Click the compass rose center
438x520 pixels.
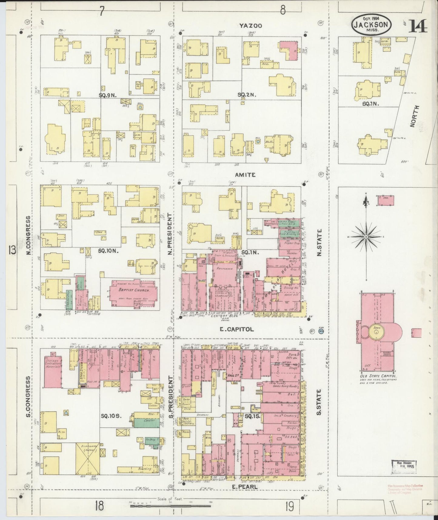(366, 236)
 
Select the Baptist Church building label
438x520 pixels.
(132, 290)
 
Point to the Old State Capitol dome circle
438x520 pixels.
(376, 333)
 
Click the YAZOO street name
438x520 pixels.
(250, 26)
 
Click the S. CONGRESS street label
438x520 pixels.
(28, 397)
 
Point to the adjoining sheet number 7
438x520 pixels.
(102, 12)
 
